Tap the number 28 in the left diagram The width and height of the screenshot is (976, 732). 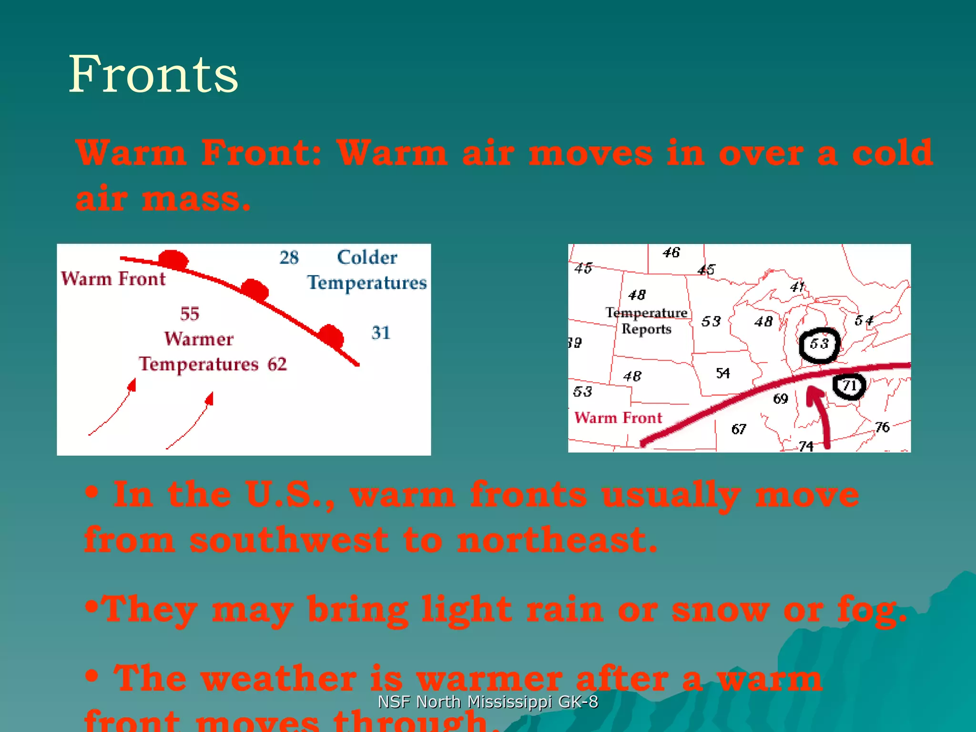pos(289,258)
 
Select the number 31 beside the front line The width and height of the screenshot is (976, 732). pos(381,333)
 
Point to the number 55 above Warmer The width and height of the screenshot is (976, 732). pos(190,314)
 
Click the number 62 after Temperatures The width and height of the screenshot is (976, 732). pos(277,365)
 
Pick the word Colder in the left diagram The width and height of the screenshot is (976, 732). pos(367,257)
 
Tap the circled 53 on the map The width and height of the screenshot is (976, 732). pos(819,344)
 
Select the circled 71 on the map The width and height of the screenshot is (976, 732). pos(849,386)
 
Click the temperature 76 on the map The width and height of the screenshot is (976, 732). pos(882,427)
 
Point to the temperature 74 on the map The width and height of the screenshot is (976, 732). pos(806,446)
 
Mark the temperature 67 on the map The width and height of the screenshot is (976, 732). pos(738,429)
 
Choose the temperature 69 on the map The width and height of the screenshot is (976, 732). pos(780,398)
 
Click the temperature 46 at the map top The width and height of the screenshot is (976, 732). pos(671,253)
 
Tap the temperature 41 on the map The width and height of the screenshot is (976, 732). pos(797,287)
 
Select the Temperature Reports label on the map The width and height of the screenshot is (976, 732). pos(646,321)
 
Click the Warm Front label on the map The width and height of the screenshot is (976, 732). pos(618,418)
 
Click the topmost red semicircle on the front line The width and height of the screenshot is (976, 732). pos(173,259)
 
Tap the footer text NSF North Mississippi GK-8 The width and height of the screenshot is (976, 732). pos(488,702)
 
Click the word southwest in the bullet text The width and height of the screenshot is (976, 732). pos(289,541)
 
